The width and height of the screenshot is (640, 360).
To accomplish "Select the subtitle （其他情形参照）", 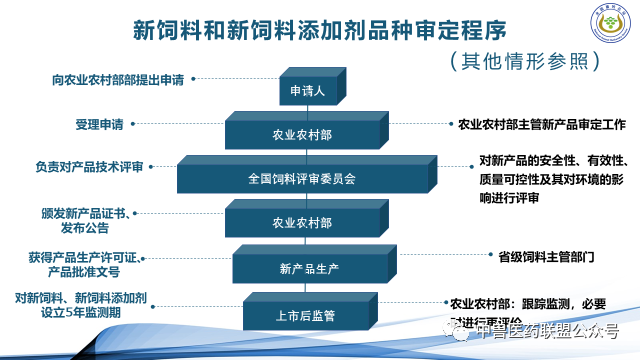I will click(x=524, y=61).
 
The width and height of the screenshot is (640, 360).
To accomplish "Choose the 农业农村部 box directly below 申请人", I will click(x=303, y=134).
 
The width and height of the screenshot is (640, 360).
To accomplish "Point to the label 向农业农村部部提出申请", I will click(x=118, y=77).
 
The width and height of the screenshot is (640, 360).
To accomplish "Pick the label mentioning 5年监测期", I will click(x=82, y=303).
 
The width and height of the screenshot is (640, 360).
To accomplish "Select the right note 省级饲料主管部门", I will click(x=547, y=256).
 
